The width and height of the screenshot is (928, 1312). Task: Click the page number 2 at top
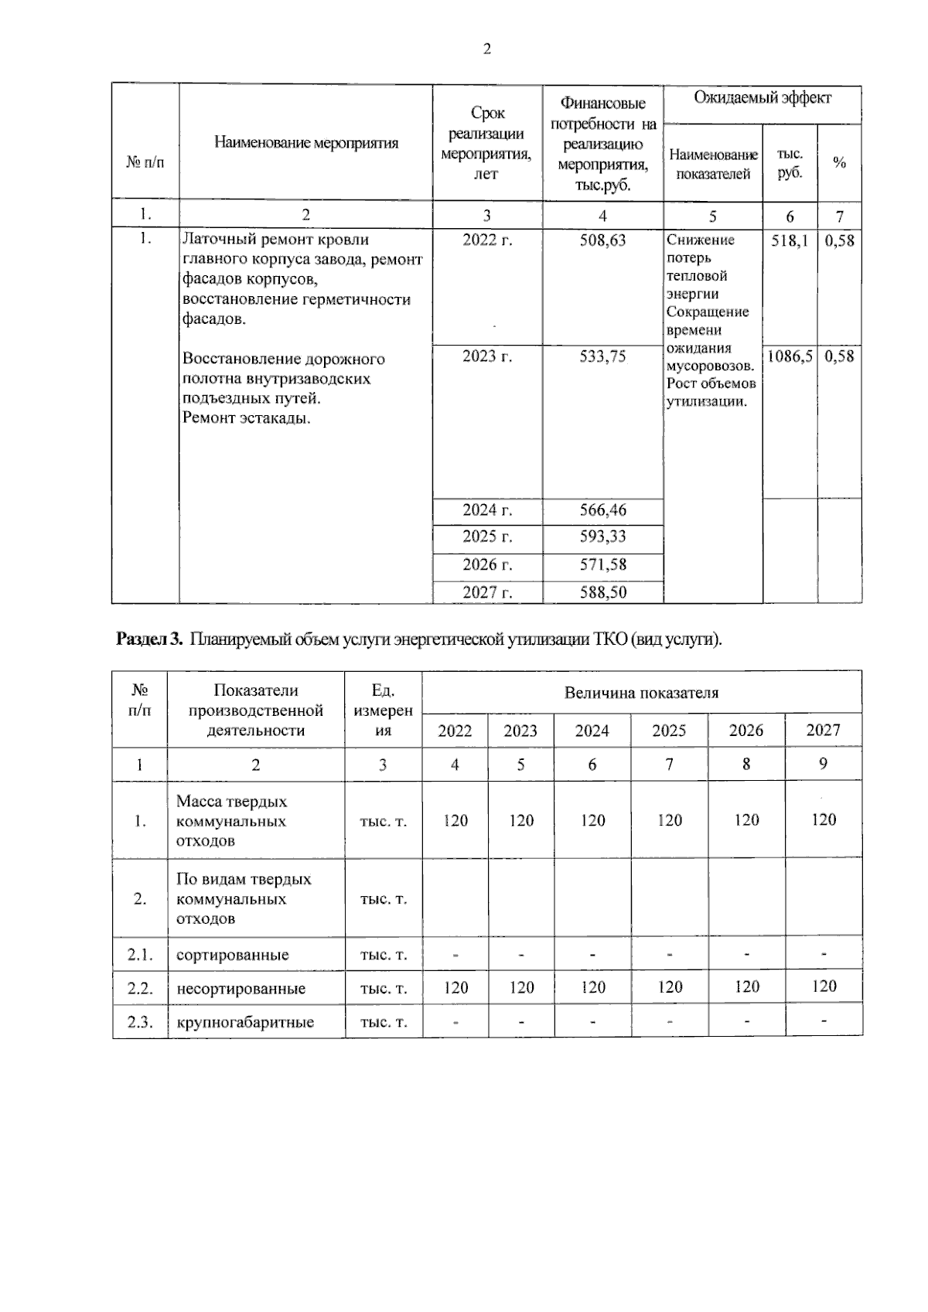486,50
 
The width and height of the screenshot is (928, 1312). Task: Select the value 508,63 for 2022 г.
602,240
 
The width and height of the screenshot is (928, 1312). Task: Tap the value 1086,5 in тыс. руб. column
789,356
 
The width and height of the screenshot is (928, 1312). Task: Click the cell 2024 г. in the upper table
487,510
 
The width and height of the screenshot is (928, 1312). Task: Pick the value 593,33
602,537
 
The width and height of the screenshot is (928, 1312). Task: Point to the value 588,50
602,592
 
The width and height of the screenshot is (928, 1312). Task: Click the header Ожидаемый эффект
762,98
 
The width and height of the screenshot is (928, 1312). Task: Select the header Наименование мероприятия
306,142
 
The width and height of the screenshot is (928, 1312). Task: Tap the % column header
839,163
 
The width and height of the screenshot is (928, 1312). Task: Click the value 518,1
790,240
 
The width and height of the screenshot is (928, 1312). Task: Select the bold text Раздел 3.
148,639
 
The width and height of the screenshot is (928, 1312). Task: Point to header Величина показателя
641,693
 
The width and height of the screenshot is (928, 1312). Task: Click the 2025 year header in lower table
669,731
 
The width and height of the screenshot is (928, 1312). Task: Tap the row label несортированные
241,989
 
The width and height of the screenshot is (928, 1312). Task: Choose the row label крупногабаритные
245,1022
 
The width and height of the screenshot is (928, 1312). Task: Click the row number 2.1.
140,955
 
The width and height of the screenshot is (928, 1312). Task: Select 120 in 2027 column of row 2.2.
824,987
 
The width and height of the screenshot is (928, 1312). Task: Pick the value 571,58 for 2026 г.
602,564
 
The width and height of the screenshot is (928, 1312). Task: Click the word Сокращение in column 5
708,312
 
